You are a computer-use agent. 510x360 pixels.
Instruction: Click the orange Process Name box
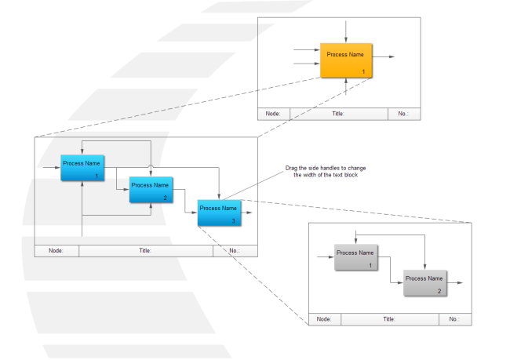pyautogui.click(x=346, y=60)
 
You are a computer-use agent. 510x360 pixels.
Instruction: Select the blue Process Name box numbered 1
pyautogui.click(x=82, y=168)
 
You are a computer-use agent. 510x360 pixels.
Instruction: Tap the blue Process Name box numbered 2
pyautogui.click(x=151, y=190)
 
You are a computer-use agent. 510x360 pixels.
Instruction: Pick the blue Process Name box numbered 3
pyautogui.click(x=219, y=213)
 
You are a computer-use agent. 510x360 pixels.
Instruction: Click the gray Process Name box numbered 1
pyautogui.click(x=355, y=257)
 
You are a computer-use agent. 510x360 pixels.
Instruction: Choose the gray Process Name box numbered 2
pyautogui.click(x=424, y=282)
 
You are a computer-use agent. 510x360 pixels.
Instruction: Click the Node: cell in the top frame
pyautogui.click(x=274, y=113)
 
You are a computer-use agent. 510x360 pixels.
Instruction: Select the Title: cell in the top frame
pyautogui.click(x=339, y=113)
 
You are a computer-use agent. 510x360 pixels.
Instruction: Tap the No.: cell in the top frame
pyautogui.click(x=403, y=113)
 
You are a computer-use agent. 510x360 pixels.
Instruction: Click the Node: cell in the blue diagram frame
pyautogui.click(x=57, y=251)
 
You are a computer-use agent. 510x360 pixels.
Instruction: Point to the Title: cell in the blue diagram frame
pyautogui.click(x=145, y=251)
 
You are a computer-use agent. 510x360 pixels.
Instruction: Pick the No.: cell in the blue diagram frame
pyautogui.click(x=235, y=251)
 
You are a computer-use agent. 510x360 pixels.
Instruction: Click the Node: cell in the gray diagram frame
pyautogui.click(x=324, y=319)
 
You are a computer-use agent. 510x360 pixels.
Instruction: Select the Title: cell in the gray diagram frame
pyautogui.click(x=389, y=319)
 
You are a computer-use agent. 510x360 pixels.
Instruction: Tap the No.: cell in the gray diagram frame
pyautogui.click(x=454, y=319)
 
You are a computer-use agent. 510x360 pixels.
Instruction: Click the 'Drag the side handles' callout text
pyautogui.click(x=325, y=172)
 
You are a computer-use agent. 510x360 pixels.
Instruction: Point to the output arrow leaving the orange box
pyautogui.click(x=384, y=57)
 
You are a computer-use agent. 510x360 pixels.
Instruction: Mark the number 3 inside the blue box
pyautogui.click(x=232, y=220)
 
